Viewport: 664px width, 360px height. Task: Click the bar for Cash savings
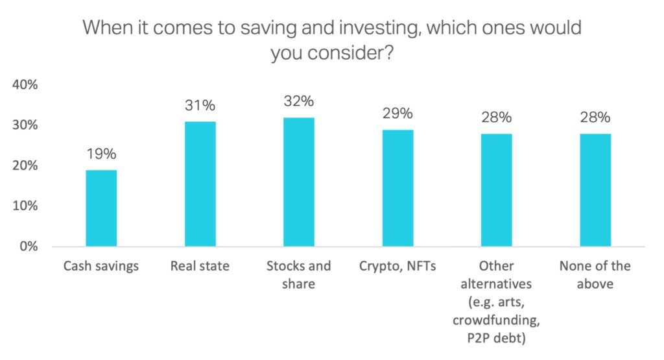coord(101,208)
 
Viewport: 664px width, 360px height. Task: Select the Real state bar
coord(200,184)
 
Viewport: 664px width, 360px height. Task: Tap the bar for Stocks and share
coord(299,182)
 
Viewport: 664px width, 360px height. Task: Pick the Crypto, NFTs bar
coord(397,188)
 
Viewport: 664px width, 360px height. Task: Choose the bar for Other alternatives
coord(496,190)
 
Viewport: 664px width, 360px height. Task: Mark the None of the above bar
coord(595,190)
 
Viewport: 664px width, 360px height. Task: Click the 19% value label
coord(101,154)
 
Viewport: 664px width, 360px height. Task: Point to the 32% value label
coord(299,101)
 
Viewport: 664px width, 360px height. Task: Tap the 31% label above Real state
coord(200,105)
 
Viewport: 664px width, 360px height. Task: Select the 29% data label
coord(397,114)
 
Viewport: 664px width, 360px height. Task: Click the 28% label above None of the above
coord(595,117)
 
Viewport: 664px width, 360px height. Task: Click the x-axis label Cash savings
coord(101,267)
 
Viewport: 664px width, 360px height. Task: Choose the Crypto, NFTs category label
coord(397,267)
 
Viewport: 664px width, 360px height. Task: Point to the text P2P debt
coord(496,336)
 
